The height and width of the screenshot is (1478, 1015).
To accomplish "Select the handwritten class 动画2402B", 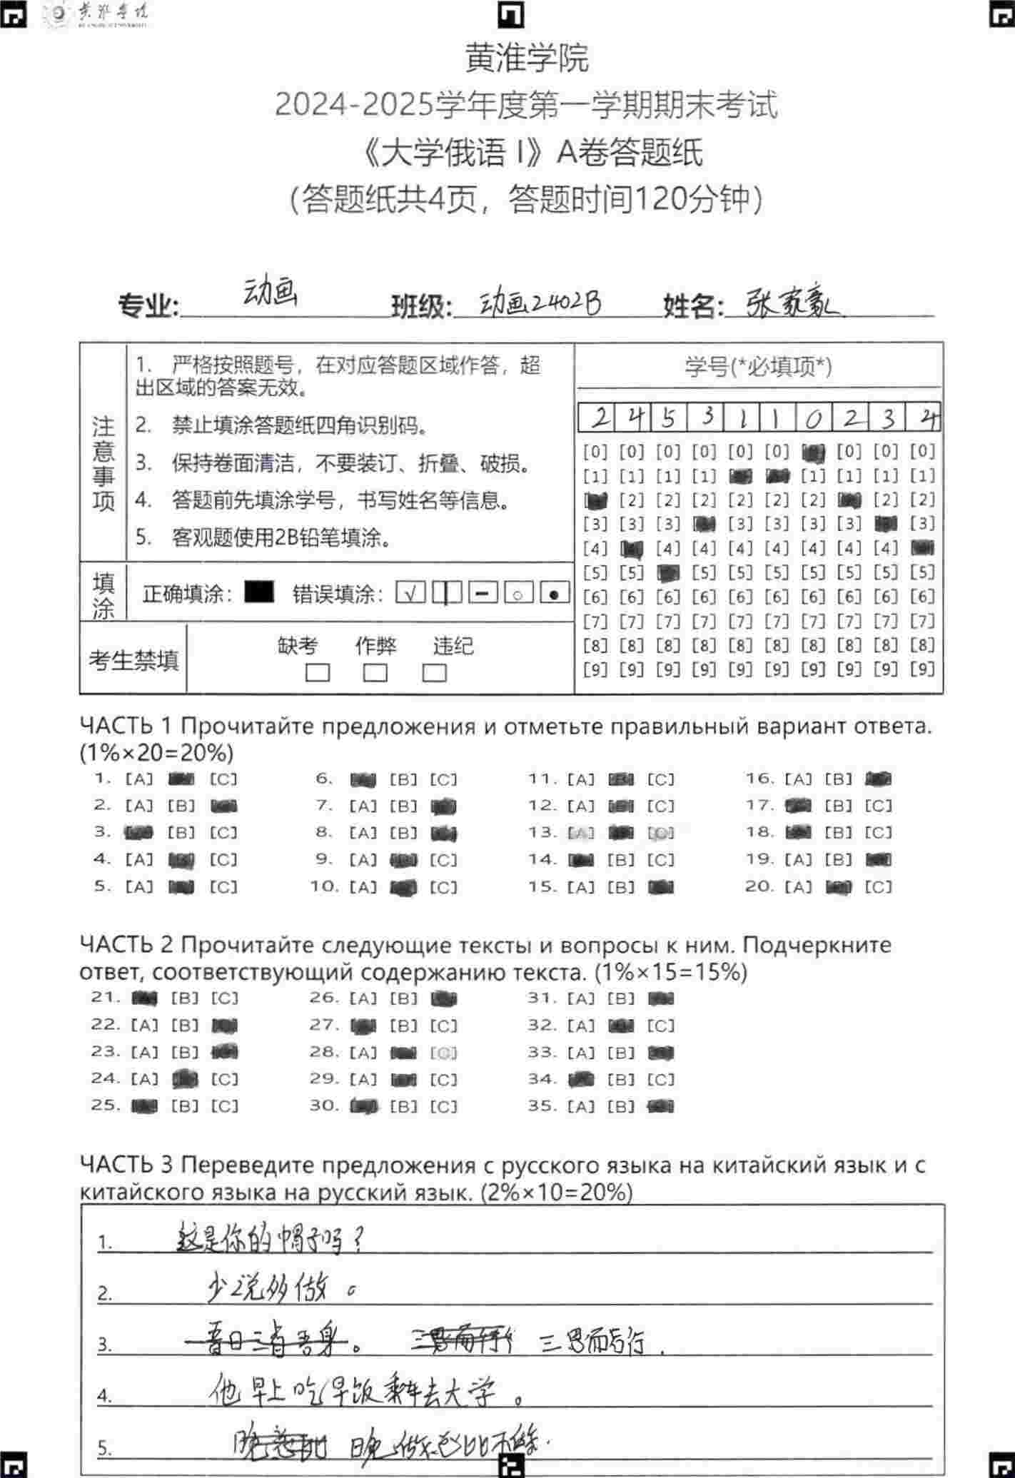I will (540, 304).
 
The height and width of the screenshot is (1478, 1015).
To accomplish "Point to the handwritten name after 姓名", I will (792, 305).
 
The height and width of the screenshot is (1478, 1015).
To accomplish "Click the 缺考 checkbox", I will (317, 673).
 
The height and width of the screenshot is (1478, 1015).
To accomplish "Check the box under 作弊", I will (375, 673).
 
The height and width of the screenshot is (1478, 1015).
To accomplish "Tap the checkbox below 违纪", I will (434, 673).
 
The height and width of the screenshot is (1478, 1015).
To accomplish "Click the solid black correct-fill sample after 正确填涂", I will (259, 592).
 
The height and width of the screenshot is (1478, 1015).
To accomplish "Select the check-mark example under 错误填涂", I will (410, 592).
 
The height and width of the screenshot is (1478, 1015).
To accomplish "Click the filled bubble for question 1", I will (181, 779).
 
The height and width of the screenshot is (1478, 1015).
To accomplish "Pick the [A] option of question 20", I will (798, 887).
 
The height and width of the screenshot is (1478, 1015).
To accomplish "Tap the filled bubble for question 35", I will (660, 1107).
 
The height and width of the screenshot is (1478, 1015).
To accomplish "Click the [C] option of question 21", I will (224, 998).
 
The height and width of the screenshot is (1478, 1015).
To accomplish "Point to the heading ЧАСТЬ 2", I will (126, 946).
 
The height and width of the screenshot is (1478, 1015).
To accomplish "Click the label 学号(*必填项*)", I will (758, 367).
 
